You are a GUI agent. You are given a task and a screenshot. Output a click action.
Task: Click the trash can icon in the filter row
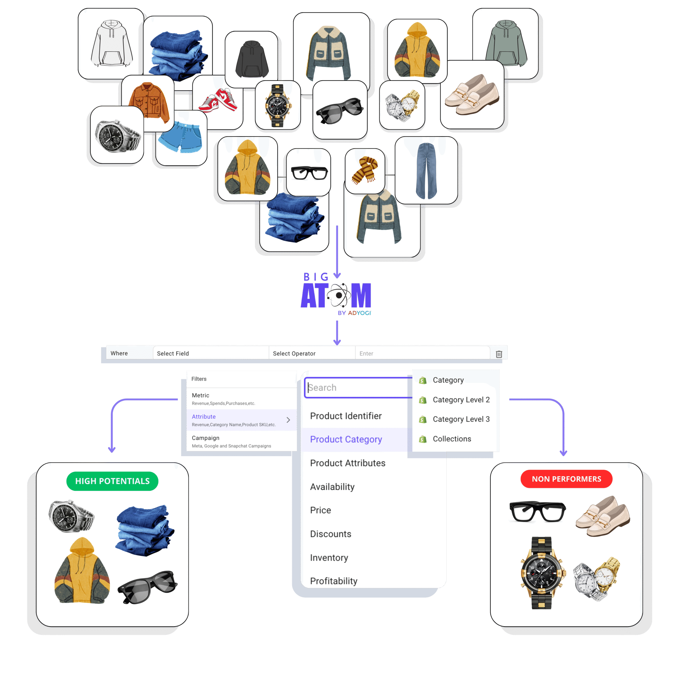coord(499,354)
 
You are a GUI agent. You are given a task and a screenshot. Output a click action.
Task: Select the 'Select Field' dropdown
coord(210,353)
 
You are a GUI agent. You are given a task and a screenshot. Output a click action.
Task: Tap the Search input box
coord(358,388)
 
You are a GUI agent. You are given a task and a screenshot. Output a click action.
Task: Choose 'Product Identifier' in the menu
coord(346,416)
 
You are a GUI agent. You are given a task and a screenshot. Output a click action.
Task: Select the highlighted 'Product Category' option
coord(346,440)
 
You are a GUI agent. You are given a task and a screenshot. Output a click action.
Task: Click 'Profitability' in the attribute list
coord(333,581)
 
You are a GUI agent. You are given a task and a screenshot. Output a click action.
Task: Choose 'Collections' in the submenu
coord(452,439)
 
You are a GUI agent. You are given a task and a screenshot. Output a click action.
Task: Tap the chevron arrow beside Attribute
coord(288,420)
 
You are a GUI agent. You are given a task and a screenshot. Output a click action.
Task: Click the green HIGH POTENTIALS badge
coord(112,481)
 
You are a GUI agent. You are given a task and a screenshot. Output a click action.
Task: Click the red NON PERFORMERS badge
coord(566,479)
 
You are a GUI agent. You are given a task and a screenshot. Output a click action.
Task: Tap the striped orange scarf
coord(365,170)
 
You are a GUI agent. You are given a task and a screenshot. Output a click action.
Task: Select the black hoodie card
coord(251,59)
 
